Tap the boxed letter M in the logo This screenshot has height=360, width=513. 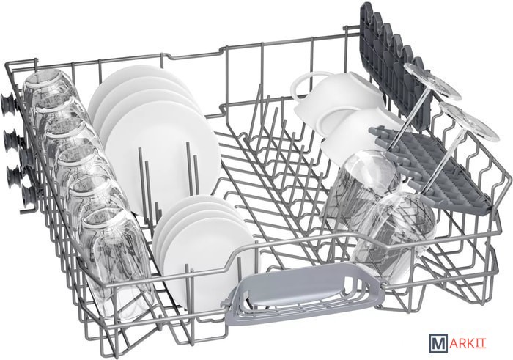pyautogui.click(x=437, y=345)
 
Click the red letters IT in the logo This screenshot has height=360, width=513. pyautogui.click(x=481, y=345)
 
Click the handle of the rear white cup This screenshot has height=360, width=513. pyautogui.click(x=302, y=86)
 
